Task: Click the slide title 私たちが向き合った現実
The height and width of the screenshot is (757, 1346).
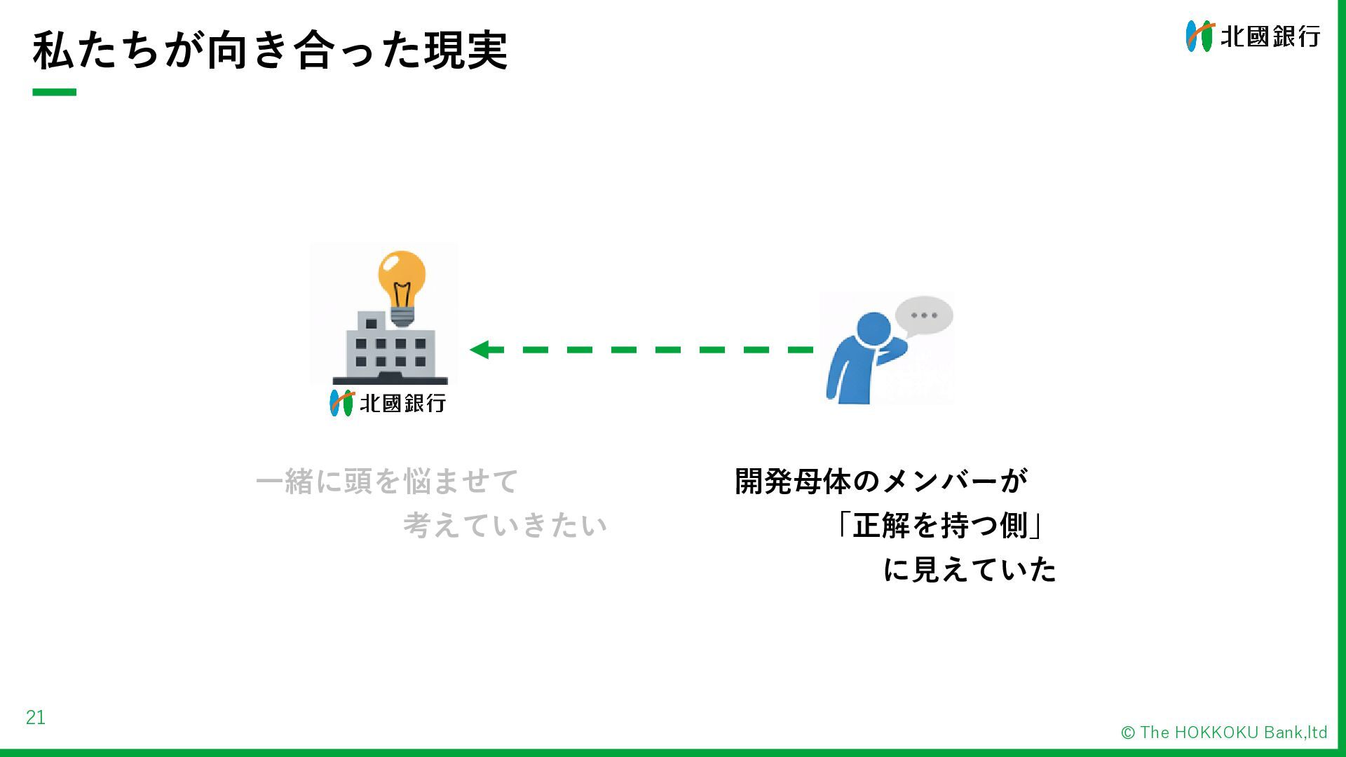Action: click(x=270, y=50)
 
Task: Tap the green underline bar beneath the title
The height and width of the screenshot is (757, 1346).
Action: click(x=54, y=92)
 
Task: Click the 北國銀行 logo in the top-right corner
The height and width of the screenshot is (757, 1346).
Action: click(x=1253, y=36)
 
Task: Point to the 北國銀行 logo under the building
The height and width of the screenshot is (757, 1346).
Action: click(x=388, y=403)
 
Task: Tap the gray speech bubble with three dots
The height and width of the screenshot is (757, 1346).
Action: click(x=924, y=315)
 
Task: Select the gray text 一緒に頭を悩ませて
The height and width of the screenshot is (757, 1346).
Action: click(x=387, y=482)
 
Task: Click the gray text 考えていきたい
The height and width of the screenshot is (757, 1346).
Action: click(x=505, y=526)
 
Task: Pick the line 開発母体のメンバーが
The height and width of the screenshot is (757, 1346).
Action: click(x=881, y=482)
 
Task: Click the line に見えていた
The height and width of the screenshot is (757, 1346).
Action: click(x=970, y=569)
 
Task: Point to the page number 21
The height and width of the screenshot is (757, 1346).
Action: click(x=36, y=717)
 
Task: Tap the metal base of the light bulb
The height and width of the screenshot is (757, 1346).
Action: click(x=402, y=316)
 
